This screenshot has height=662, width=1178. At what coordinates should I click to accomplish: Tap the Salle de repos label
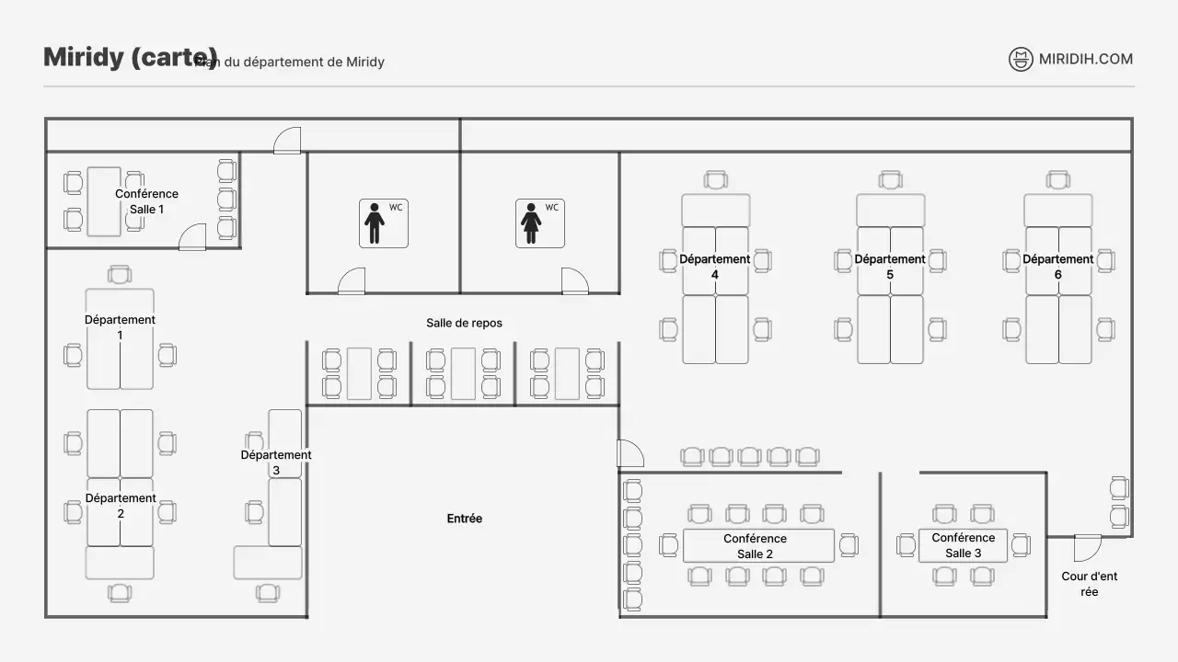tap(464, 323)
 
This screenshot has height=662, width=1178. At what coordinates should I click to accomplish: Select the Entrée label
tap(464, 519)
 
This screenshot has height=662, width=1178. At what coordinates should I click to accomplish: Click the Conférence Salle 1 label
tap(146, 201)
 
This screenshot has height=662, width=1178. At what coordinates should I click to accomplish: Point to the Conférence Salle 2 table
tap(758, 545)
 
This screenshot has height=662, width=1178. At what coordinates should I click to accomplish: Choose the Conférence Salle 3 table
tap(963, 545)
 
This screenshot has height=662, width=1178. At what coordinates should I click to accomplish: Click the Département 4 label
tap(714, 267)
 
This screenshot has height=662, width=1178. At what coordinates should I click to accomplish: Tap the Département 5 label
tap(889, 267)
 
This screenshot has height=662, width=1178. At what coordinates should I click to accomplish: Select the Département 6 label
tap(1057, 267)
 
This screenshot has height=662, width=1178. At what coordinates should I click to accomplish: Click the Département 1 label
tap(120, 327)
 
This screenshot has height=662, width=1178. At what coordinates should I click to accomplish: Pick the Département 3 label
tap(276, 462)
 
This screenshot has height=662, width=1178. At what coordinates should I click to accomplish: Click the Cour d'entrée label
tap(1090, 584)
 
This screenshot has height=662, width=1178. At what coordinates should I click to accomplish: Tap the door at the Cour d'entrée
tap(1087, 547)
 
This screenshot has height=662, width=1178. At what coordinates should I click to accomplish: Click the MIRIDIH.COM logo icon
tap(1021, 60)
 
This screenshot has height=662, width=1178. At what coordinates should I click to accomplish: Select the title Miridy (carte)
tap(131, 57)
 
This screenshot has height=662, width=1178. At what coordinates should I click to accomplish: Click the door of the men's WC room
tap(352, 281)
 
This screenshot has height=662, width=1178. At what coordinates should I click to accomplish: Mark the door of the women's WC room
tap(574, 281)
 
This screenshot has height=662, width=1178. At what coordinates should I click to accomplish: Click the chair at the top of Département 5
tap(890, 180)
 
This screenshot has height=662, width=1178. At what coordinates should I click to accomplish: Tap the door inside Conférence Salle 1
tap(192, 237)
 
